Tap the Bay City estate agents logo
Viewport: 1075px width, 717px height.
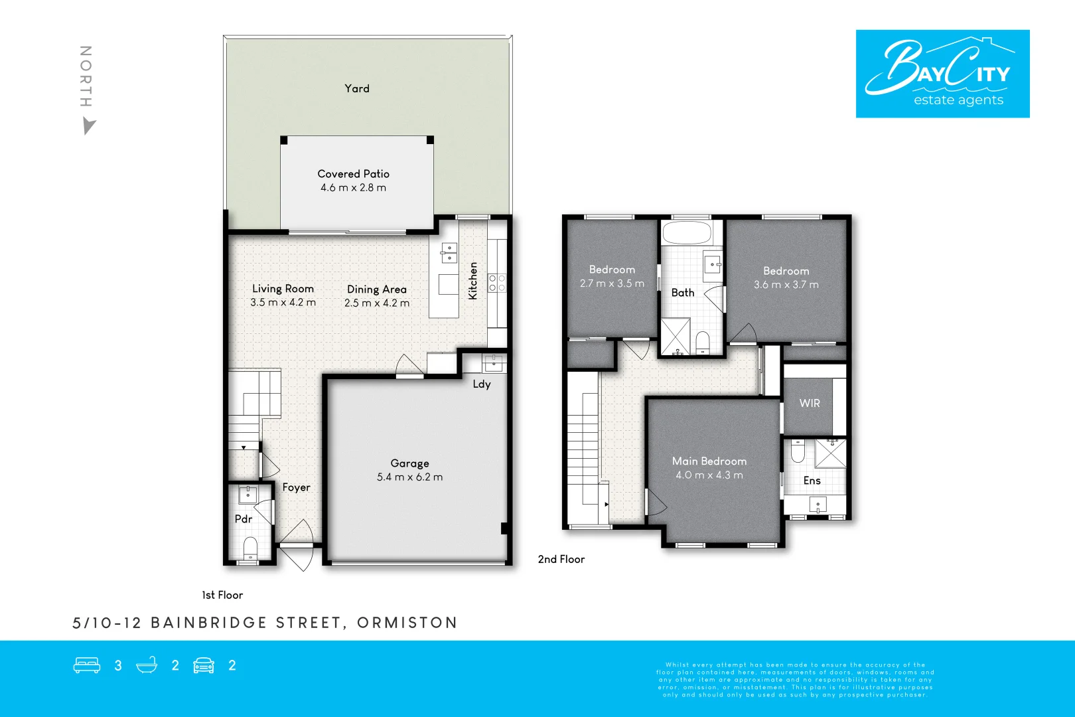[942, 74]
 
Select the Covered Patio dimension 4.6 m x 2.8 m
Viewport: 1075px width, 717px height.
[353, 188]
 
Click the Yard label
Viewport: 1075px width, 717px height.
[357, 88]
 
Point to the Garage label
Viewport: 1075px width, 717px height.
[409, 463]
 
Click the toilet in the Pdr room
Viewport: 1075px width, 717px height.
[250, 548]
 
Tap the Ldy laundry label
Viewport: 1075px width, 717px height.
[482, 384]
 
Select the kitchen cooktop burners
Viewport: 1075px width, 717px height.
[497, 283]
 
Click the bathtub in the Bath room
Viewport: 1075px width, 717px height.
[687, 233]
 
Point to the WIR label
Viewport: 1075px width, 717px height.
[810, 403]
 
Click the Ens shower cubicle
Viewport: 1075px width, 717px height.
[830, 453]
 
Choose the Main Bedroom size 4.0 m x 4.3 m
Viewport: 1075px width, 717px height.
[709, 475]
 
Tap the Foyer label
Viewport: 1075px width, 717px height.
[296, 487]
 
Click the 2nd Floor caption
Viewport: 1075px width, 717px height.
[561, 559]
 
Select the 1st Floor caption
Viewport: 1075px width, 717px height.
[222, 595]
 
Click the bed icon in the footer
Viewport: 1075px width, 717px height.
[87, 665]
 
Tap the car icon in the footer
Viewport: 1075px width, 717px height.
[204, 665]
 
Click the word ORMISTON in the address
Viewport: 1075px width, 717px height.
[407, 623]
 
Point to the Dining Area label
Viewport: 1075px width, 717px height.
[376, 289]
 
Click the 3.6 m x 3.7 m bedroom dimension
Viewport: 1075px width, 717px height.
[786, 285]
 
